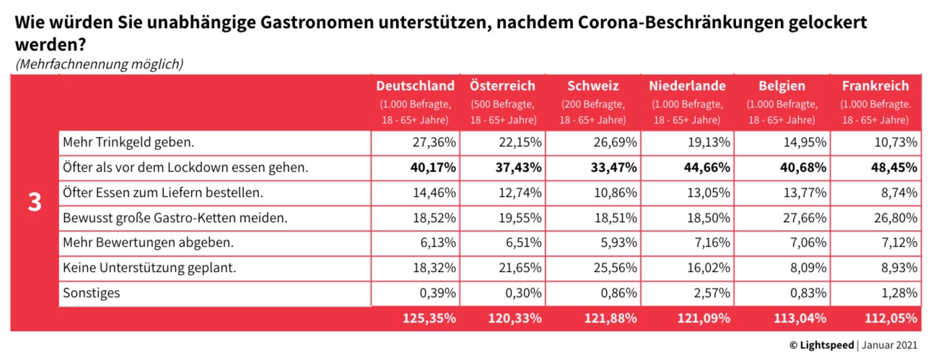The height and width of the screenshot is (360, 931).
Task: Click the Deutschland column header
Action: pos(415,86)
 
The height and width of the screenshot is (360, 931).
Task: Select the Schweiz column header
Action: pos(593,86)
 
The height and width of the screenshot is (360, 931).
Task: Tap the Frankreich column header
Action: pos(874,86)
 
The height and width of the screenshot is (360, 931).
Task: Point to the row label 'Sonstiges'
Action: pos(92,293)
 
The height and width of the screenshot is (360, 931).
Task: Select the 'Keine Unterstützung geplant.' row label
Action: pos(150,268)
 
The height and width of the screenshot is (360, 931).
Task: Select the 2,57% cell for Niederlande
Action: pos(709,293)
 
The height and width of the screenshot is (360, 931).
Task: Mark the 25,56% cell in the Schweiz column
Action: pos(617,268)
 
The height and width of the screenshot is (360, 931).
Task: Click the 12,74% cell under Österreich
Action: pos(524,193)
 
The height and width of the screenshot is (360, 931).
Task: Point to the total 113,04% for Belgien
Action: pos(797,317)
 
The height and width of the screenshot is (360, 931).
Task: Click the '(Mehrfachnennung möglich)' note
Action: pos(99,63)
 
